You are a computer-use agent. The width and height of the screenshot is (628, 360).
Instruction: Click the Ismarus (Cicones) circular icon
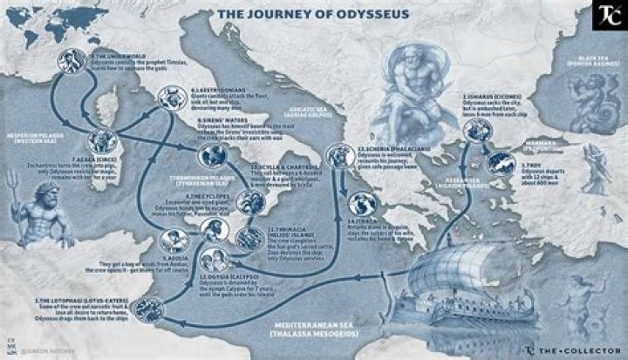pyautogui.click(x=475, y=129)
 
